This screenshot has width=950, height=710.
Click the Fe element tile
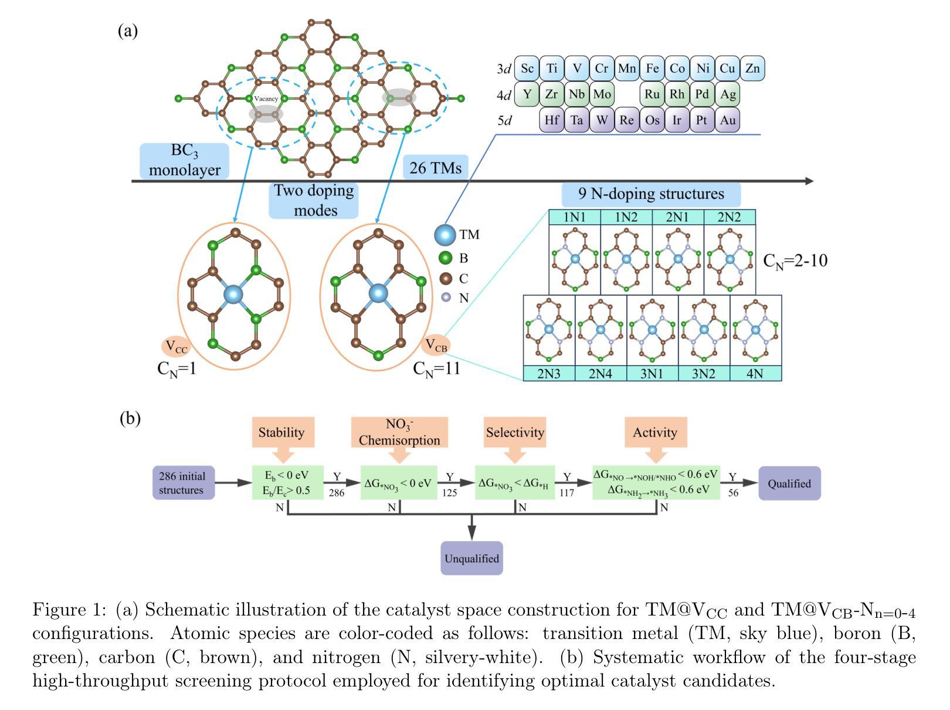point(652,69)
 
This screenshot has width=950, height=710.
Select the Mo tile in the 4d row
point(602,94)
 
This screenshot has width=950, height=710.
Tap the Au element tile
point(727,120)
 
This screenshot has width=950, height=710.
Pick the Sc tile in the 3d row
point(527,69)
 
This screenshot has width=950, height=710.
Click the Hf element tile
point(551,120)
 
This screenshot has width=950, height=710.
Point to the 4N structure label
point(755,373)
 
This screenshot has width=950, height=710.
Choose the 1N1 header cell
point(574,217)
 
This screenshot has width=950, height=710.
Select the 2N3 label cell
point(549,373)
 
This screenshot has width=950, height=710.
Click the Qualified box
point(789,484)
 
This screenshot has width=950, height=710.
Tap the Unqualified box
point(471,558)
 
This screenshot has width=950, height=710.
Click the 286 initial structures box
point(183,483)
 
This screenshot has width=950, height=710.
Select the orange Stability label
point(282,432)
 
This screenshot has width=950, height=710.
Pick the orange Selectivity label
point(514,432)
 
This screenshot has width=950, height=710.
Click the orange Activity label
point(655,432)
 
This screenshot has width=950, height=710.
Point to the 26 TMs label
point(435,168)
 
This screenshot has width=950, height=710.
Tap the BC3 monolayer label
point(184,160)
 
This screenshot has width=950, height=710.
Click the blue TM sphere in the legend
point(445,235)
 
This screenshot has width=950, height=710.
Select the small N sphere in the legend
point(446,297)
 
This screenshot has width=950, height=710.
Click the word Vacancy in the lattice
point(266,99)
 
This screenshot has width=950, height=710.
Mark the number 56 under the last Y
point(733,493)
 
